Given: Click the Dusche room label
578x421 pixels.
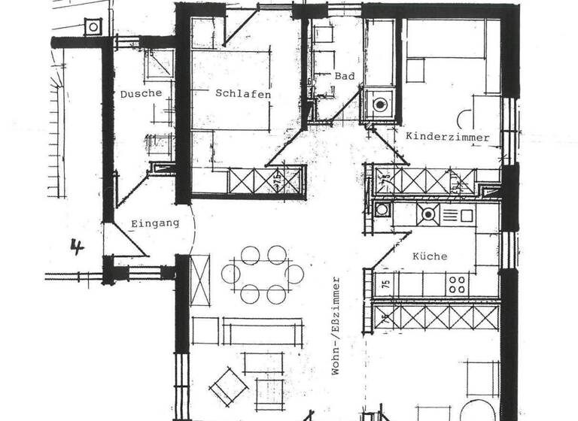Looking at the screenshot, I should click(x=141, y=94).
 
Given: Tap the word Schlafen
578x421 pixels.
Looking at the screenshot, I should click(x=242, y=95).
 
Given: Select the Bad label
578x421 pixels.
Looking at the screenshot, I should click(x=345, y=76).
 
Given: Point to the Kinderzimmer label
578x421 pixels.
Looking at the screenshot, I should click(x=447, y=137).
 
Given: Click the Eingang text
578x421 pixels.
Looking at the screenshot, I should click(x=155, y=223).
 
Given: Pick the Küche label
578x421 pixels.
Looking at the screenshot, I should click(x=430, y=256).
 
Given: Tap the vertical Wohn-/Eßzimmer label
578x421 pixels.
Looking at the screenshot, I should click(x=336, y=326).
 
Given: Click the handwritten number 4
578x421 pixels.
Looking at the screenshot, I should click(x=76, y=246).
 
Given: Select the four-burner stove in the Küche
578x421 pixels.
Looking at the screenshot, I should click(x=457, y=283).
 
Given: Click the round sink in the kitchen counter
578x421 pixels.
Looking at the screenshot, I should click(x=428, y=214).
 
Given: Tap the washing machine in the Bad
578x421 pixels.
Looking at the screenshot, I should click(x=379, y=104).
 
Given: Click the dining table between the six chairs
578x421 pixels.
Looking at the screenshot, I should click(x=263, y=274).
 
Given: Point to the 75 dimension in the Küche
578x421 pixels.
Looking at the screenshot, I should click(x=385, y=284).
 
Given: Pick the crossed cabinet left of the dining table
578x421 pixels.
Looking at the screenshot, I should click(x=200, y=280).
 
